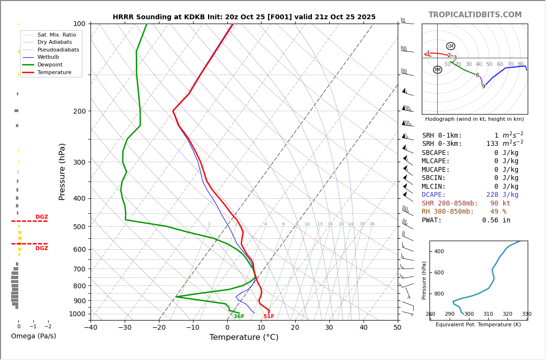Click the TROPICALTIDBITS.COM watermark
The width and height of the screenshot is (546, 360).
(x=475, y=15)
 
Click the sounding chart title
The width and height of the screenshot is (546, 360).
(x=244, y=17)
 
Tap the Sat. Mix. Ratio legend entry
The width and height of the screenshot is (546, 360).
(x=56, y=35)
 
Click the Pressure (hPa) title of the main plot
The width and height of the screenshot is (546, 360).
(x=63, y=171)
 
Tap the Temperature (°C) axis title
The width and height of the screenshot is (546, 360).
(x=244, y=338)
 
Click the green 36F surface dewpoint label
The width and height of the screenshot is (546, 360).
(x=239, y=317)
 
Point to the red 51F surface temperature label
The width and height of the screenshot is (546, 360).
(x=269, y=317)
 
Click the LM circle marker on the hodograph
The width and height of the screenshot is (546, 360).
(x=451, y=46)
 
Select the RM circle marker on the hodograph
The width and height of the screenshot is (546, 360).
(x=437, y=70)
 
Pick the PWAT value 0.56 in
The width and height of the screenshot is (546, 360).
(x=496, y=220)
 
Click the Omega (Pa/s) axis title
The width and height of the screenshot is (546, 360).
(x=34, y=336)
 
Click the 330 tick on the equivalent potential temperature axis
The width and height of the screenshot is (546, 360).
(x=527, y=314)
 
